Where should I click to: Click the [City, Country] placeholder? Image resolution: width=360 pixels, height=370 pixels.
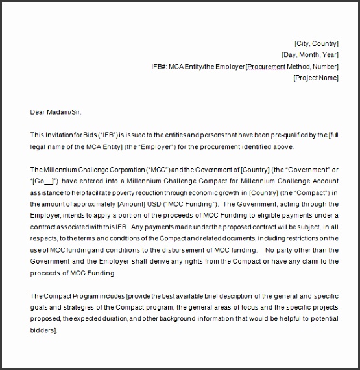click(316, 43)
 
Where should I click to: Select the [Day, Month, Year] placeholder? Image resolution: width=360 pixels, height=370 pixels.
click(309, 55)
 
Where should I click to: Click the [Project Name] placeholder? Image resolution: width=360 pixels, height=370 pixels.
click(316, 78)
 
